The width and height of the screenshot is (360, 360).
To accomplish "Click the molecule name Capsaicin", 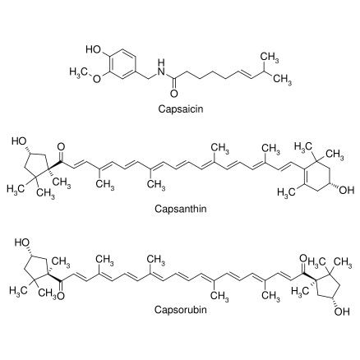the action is pyautogui.click(x=181, y=109).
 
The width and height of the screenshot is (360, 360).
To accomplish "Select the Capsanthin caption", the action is pyautogui.click(x=181, y=209).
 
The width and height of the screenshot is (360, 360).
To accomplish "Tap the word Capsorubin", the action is pyautogui.click(x=180, y=310).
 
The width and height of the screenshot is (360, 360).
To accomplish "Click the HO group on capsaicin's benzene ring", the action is pyautogui.click(x=94, y=49).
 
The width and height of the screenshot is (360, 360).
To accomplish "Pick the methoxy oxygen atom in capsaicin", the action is pyautogui.click(x=97, y=79).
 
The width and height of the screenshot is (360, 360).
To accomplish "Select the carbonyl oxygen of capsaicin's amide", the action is pyautogui.click(x=174, y=94).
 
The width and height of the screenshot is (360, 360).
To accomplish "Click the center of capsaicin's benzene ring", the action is pyautogui.click(x=122, y=64).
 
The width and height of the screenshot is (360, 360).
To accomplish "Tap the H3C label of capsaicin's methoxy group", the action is pyautogui.click(x=78, y=72).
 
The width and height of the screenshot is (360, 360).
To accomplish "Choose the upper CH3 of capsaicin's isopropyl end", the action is pyautogui.click(x=270, y=58).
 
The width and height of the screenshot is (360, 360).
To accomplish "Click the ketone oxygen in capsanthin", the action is pyautogui.click(x=61, y=147).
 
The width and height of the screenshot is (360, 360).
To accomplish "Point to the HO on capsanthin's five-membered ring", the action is pyautogui.click(x=19, y=141).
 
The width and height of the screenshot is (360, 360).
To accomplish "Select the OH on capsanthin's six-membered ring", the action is pyautogui.click(x=347, y=190).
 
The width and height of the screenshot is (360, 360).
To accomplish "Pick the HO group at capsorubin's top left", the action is pyautogui.click(x=22, y=242).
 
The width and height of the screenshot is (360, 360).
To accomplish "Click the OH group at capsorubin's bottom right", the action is pyautogui.click(x=342, y=312).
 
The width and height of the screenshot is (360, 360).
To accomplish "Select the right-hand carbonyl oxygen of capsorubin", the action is pyautogui.click(x=303, y=258).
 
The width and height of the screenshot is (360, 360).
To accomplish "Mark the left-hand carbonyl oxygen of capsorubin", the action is pyautogui.click(x=61, y=296).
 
